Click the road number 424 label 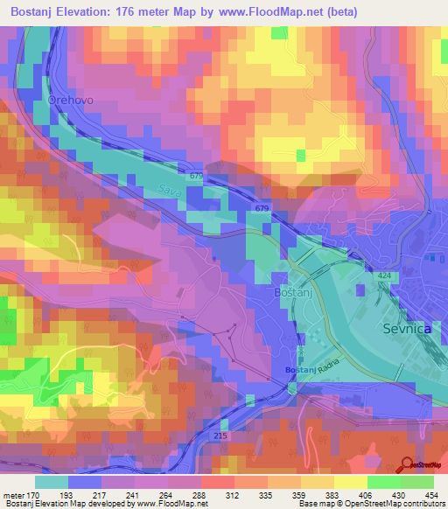(384, 276)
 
